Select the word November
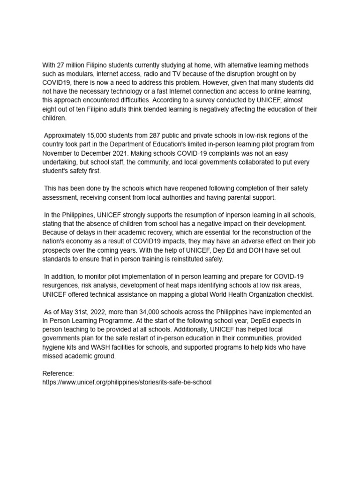[x=57, y=154]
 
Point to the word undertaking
[x=61, y=163]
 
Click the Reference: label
[x=58, y=374]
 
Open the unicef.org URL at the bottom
[x=127, y=382]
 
